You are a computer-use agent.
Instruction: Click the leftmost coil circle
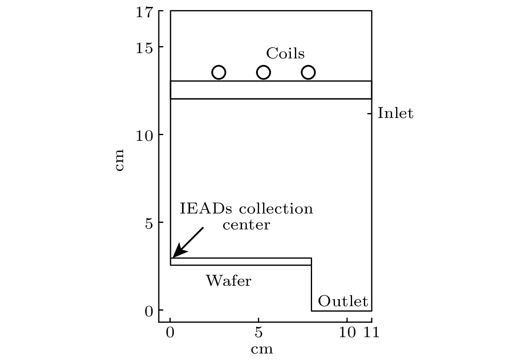pos(219,72)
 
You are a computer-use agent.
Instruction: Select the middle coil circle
pos(264,72)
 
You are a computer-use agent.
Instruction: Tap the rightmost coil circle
pos(308,72)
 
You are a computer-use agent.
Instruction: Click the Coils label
pos(285,53)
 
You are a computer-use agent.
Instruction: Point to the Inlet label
pos(395,113)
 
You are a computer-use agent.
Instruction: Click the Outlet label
pos(343,301)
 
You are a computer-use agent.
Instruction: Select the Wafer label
pos(229,280)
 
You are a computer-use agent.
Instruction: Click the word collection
pos(276,209)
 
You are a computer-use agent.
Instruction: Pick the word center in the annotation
pos(246,225)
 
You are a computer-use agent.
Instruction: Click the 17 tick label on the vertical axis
pos(144,12)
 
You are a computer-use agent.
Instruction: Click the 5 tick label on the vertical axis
pos(149,223)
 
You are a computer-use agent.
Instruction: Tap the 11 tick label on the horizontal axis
pos(372,332)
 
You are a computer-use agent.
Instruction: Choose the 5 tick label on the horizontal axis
pos(259,332)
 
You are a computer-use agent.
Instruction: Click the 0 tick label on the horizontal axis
pos(170,332)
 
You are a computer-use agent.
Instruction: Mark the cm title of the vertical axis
pos(119,160)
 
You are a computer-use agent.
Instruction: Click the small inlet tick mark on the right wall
pos(370,113)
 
